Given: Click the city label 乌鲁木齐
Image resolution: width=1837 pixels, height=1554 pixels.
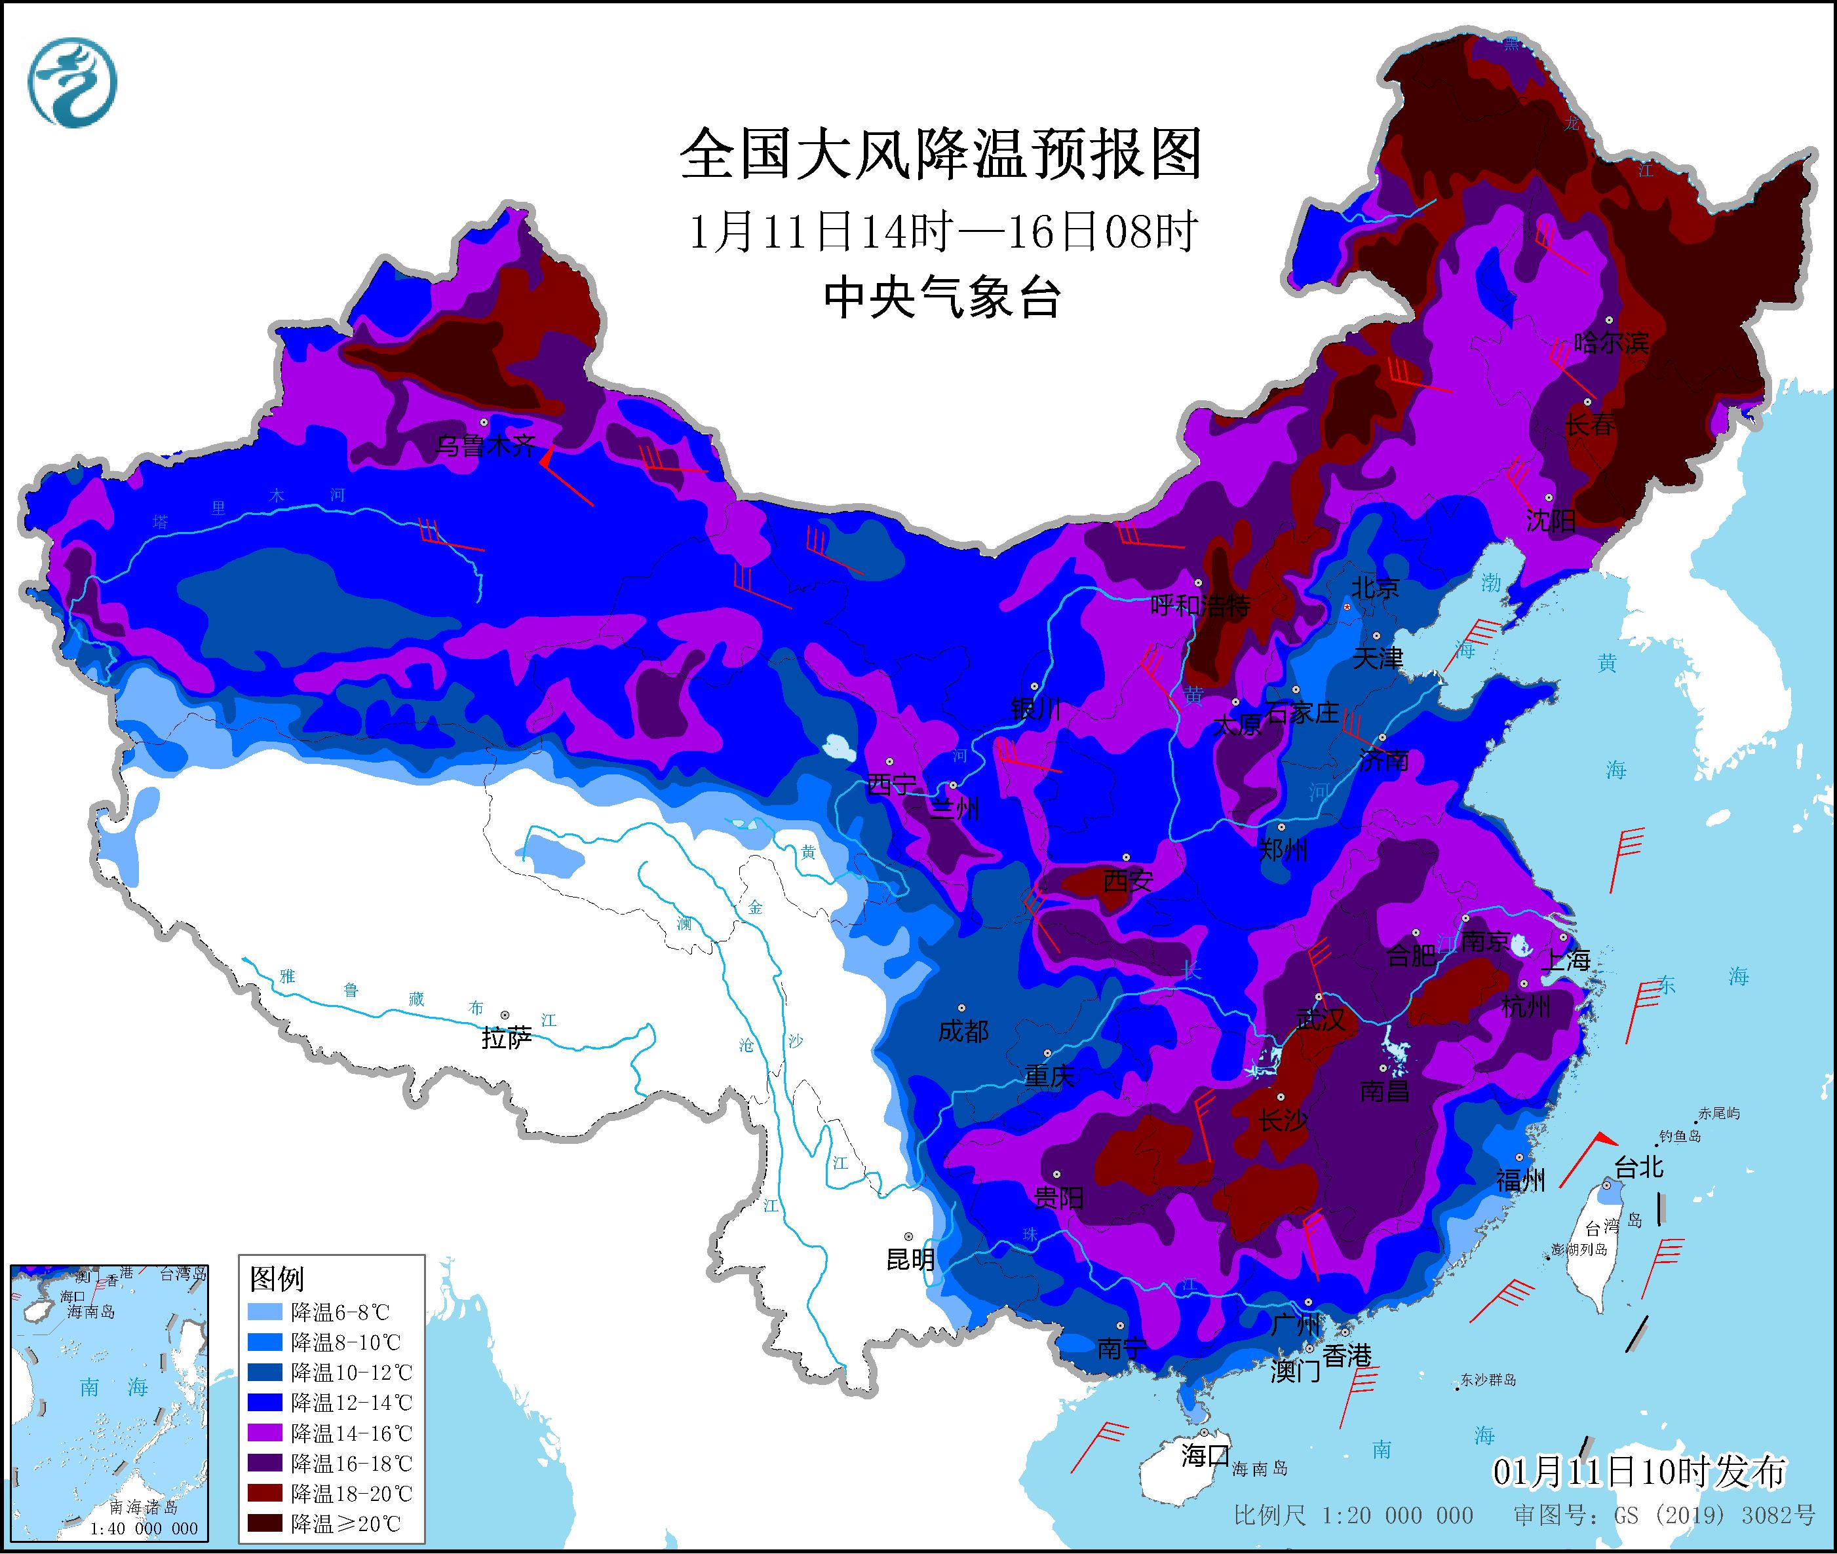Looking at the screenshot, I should tap(486, 447).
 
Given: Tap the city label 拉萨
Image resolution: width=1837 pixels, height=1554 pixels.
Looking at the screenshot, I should tap(507, 1038).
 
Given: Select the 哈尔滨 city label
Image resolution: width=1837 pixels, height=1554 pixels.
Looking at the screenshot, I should tap(1610, 343).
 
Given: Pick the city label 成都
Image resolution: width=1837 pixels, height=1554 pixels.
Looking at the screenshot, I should tap(963, 1031).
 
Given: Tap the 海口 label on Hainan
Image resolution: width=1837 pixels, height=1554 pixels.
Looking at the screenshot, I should tap(1205, 1454).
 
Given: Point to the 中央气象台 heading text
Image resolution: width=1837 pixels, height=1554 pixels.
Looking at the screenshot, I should tap(941, 297).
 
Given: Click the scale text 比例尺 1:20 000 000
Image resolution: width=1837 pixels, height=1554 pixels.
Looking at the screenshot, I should tap(1353, 1515).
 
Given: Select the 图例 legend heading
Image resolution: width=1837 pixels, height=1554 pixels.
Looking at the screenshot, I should tap(277, 1278).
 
